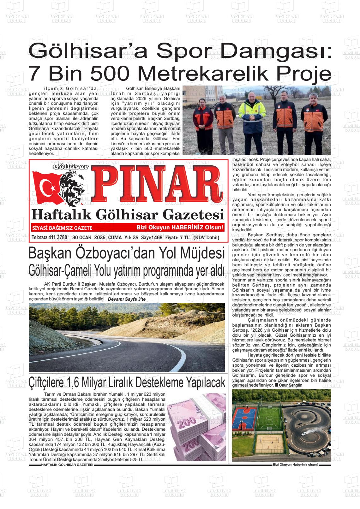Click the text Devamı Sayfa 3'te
click(x=127, y=299)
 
